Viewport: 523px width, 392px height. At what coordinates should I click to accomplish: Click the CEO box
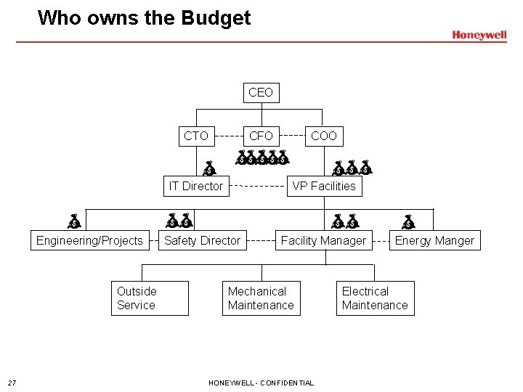click(x=261, y=93)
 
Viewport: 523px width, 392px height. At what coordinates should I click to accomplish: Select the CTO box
click(x=196, y=136)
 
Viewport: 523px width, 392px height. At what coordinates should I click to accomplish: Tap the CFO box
click(x=261, y=136)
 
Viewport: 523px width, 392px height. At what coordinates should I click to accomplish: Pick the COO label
click(x=323, y=136)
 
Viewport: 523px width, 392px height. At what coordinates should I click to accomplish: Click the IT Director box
click(x=196, y=186)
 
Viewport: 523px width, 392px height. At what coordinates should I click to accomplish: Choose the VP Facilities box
click(x=324, y=186)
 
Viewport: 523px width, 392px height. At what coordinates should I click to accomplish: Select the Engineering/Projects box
click(x=89, y=241)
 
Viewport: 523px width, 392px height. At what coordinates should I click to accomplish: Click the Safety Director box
click(x=203, y=241)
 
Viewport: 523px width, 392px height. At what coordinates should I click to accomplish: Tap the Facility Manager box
click(x=323, y=241)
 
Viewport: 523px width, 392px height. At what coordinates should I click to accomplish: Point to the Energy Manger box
click(x=434, y=241)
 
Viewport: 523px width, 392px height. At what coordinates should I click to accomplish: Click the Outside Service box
click(x=150, y=298)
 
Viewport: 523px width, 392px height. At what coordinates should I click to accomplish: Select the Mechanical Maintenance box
click(x=261, y=298)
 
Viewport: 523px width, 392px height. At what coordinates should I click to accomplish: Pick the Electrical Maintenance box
click(x=375, y=298)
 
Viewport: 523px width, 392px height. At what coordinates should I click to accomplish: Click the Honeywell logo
click(x=479, y=35)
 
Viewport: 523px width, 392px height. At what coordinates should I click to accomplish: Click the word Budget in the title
click(x=214, y=17)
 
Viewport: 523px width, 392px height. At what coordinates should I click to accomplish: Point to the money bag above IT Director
click(x=209, y=168)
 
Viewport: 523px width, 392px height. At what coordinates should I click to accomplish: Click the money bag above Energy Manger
click(x=409, y=221)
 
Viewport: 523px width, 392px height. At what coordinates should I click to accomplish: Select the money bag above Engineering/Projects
click(x=74, y=221)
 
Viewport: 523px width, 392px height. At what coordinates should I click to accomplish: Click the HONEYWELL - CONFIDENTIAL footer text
click(x=261, y=383)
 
